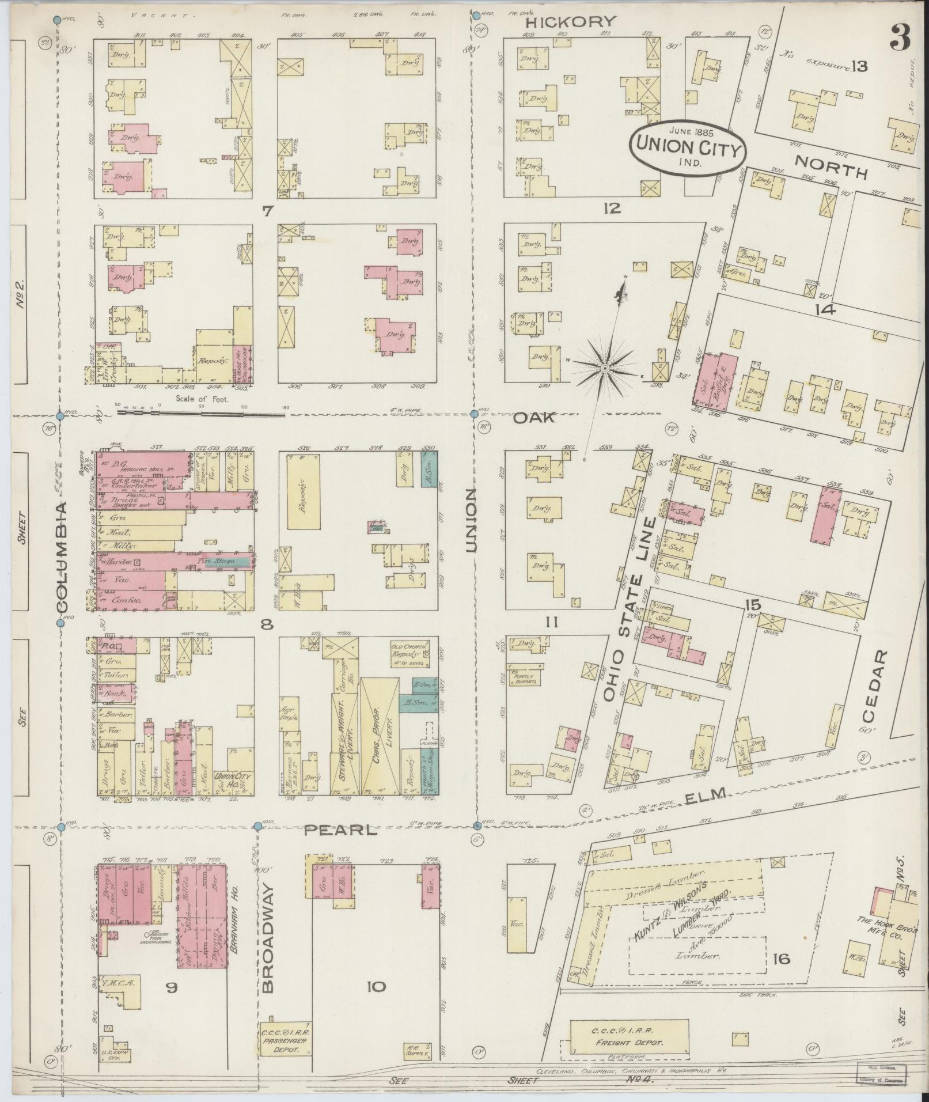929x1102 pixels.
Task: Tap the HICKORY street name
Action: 571,22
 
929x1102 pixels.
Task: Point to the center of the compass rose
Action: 605,368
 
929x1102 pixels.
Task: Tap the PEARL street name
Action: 340,830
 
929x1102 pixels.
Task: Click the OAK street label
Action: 534,418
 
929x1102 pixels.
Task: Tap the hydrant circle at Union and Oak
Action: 475,414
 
